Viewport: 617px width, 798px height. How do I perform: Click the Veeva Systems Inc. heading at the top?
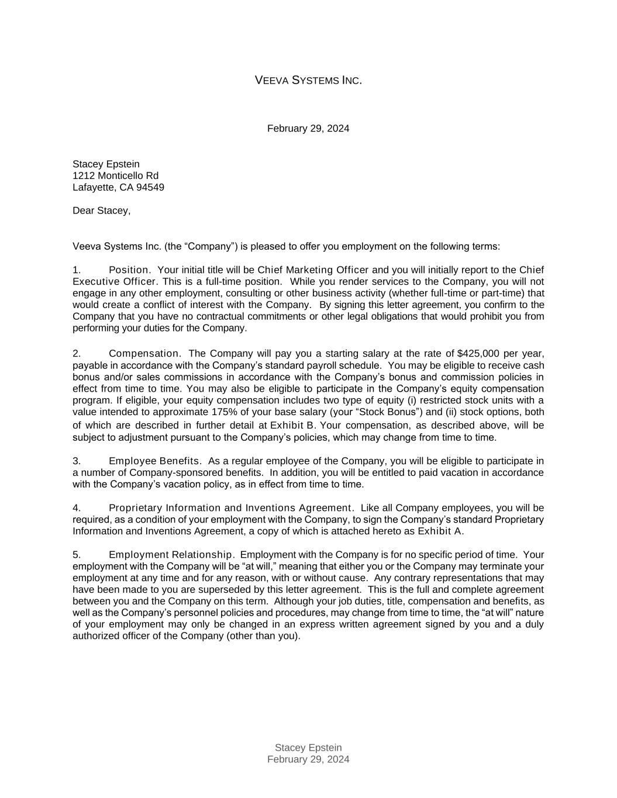[x=308, y=80]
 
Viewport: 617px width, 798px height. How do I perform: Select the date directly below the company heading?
[x=308, y=129]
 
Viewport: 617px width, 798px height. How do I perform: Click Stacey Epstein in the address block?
[x=106, y=164]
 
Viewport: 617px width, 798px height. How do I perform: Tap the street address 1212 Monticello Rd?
[x=115, y=176]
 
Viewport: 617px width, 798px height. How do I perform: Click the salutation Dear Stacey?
[x=101, y=211]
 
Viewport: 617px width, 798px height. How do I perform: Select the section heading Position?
[x=129, y=270]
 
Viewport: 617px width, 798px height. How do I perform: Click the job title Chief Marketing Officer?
[x=313, y=270]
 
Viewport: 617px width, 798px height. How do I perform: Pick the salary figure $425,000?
[x=478, y=354]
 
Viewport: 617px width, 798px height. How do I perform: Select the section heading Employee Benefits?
[x=154, y=461]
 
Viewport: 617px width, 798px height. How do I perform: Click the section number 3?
[x=76, y=461]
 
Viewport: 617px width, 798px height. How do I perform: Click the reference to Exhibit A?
[x=439, y=531]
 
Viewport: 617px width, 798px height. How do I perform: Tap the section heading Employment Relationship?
[x=171, y=555]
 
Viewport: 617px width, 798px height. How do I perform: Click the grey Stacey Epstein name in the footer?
[x=308, y=748]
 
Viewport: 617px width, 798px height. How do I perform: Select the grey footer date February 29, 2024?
[x=308, y=759]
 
